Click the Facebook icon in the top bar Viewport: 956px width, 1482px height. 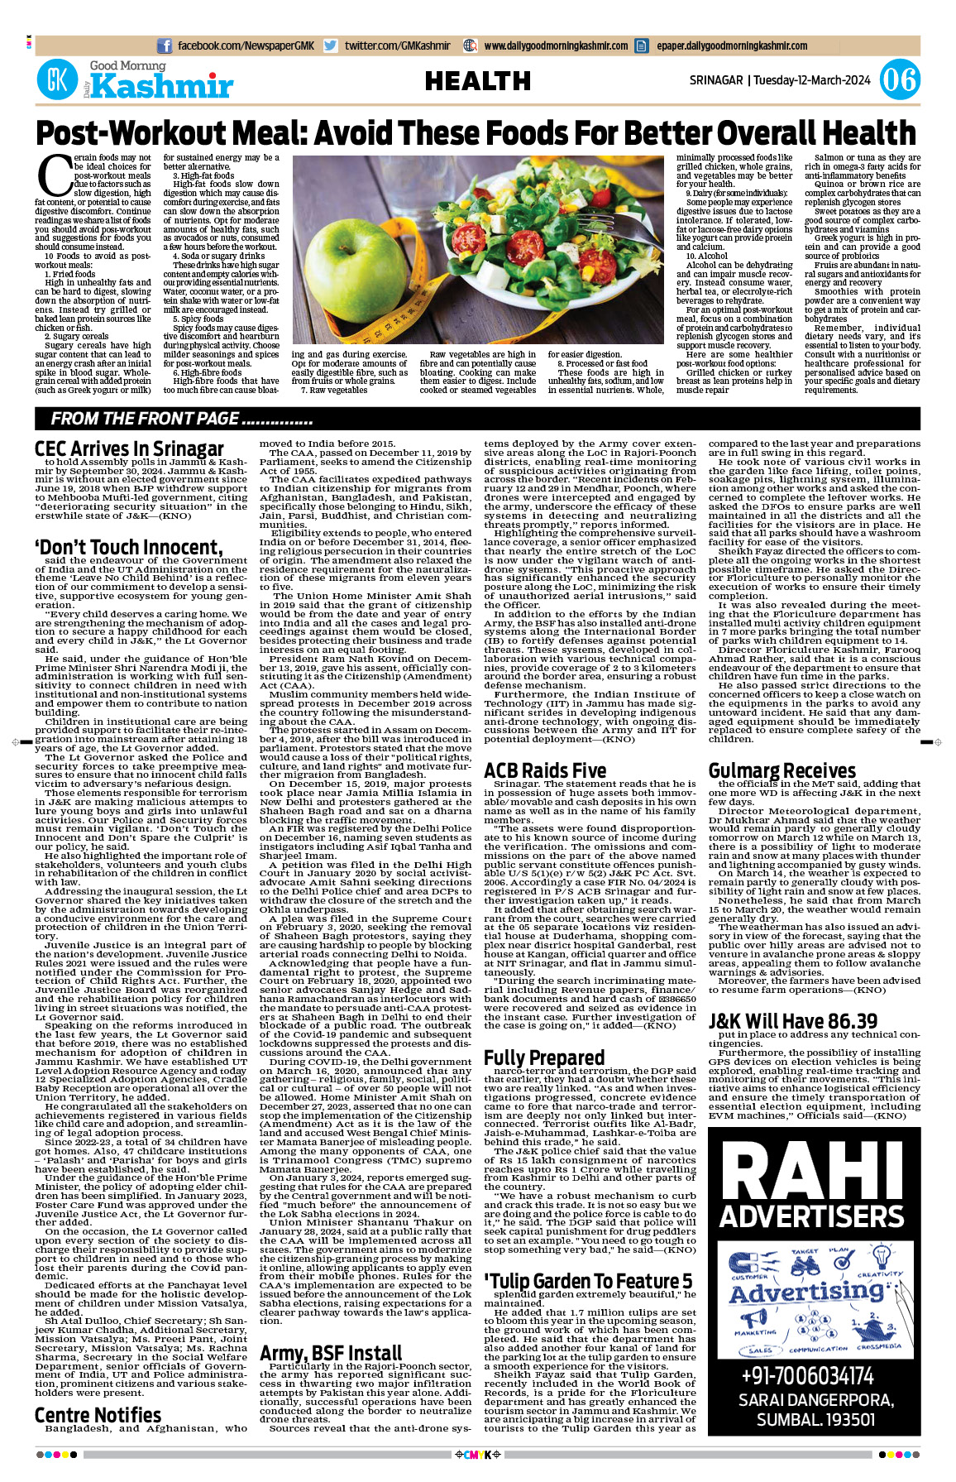[165, 46]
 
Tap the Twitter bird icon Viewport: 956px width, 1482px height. [331, 46]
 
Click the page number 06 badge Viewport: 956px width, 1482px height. [899, 80]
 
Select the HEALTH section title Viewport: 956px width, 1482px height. [477, 81]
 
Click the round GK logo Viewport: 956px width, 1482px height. [57, 80]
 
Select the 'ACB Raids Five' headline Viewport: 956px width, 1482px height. [545, 770]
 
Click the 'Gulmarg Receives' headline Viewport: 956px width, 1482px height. [782, 770]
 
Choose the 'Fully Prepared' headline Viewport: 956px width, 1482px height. [544, 1058]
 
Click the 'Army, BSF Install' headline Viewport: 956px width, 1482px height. [331, 1353]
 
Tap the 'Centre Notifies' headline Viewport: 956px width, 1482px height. [98, 1415]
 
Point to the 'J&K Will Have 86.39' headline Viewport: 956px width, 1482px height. [792, 1021]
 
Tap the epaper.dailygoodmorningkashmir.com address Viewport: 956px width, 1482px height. [732, 46]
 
